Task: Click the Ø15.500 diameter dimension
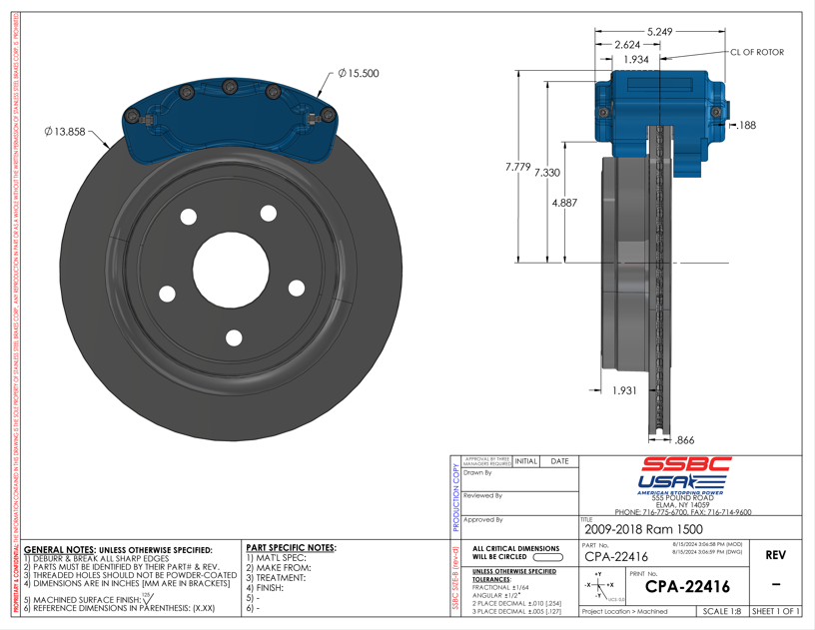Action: coord(359,74)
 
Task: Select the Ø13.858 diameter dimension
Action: coord(66,132)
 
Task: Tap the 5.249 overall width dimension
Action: coord(659,32)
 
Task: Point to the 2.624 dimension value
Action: coord(627,45)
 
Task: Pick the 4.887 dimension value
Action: coord(565,202)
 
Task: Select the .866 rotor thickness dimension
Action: coord(685,439)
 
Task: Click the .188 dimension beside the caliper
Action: coord(746,126)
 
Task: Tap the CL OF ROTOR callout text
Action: coord(757,52)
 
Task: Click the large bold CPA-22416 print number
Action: coord(687,587)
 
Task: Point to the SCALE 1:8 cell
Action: coord(721,611)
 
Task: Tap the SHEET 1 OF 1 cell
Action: coord(776,611)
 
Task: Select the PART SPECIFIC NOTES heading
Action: coord(290,548)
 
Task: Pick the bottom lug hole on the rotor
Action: coord(234,337)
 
